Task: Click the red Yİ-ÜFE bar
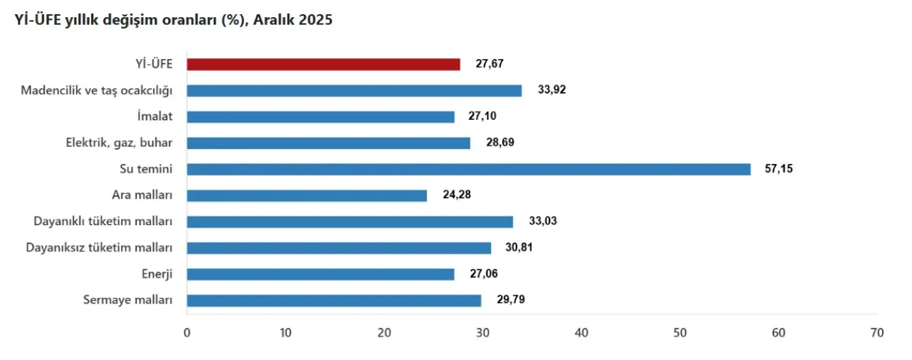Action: click(323, 64)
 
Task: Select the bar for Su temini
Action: click(468, 169)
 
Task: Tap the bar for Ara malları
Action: click(306, 195)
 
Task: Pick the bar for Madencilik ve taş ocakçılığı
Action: click(354, 91)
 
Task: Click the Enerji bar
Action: click(320, 274)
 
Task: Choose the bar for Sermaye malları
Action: click(333, 300)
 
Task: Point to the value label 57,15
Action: click(778, 169)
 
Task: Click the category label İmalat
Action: click(156, 117)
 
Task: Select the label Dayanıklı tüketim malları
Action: click(103, 222)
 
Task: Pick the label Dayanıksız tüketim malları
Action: click(100, 248)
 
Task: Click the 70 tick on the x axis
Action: click(876, 333)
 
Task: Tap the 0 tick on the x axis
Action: click(187, 333)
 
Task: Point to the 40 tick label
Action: click(581, 333)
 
